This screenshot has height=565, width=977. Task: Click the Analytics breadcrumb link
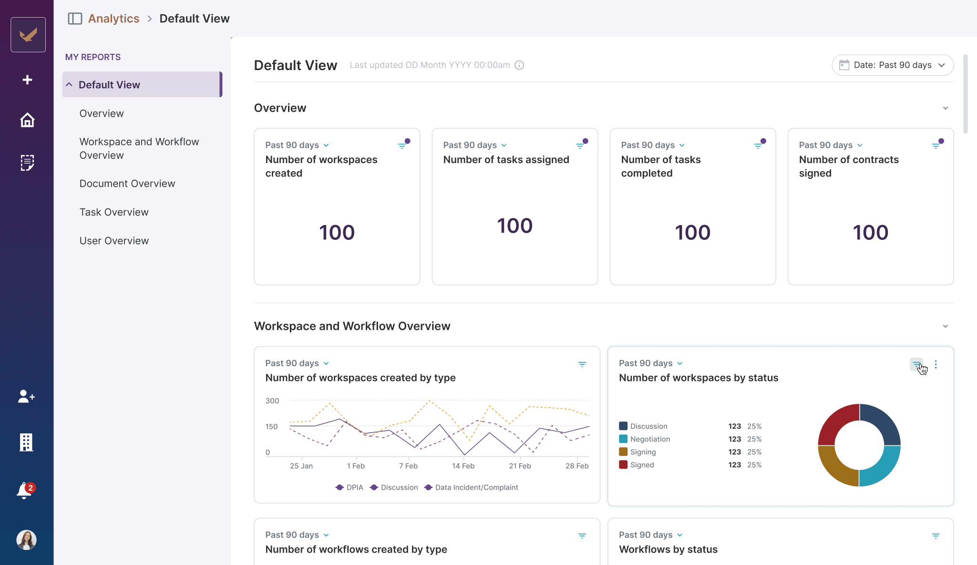point(113,19)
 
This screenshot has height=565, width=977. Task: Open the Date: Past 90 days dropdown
point(892,65)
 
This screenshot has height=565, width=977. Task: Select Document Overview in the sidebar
point(127,184)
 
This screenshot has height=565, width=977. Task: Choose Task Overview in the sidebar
point(114,212)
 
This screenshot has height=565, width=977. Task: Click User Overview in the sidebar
point(114,241)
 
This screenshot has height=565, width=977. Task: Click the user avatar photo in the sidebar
point(27,540)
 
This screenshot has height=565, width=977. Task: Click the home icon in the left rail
point(27,120)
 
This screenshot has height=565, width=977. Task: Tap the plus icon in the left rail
point(27,80)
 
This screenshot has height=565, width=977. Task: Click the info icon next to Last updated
point(519,65)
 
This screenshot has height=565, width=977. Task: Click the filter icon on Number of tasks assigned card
point(580,145)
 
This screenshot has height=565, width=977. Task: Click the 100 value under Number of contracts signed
point(870,233)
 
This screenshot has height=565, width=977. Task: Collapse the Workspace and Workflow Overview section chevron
point(945,326)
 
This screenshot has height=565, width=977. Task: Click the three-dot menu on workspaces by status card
point(936,364)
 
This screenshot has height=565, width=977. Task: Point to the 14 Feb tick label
point(463,466)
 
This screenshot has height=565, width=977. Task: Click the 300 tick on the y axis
point(272,401)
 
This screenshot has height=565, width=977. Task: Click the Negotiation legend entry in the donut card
point(649,439)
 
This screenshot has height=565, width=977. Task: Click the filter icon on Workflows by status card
point(936,536)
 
